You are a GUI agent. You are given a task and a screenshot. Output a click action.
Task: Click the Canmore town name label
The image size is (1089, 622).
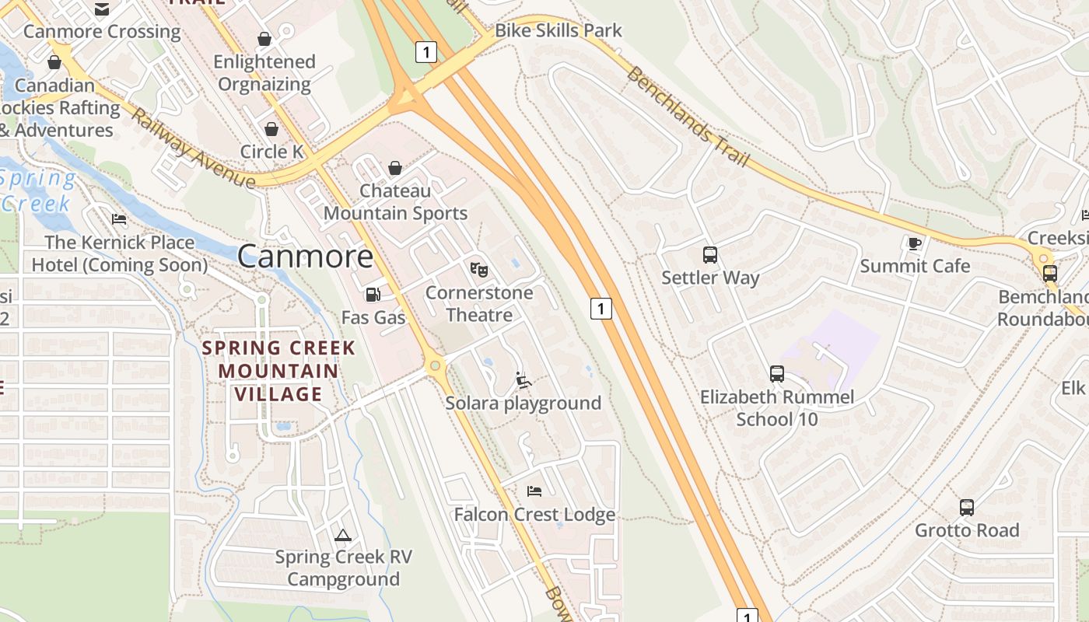pos(305,256)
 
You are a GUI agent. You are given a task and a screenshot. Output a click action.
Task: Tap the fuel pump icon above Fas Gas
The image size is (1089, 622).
pos(373,295)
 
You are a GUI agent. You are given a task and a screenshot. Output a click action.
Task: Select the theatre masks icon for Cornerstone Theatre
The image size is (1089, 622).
pos(479,270)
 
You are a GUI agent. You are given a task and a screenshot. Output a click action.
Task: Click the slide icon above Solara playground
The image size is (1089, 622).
pos(523,380)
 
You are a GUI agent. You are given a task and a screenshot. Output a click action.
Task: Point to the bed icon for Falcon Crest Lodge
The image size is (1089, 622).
pos(534,491)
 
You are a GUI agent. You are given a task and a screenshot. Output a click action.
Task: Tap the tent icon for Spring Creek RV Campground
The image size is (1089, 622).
pos(342,535)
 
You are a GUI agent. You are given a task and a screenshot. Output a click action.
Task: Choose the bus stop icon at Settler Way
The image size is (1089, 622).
pos(710,254)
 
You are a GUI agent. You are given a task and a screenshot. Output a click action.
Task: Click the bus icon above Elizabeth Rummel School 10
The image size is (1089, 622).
pos(776,374)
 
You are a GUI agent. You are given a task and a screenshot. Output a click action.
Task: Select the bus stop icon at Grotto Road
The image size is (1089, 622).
pos(966,508)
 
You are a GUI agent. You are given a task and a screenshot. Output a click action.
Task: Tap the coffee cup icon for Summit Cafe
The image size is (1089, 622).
pos(915,243)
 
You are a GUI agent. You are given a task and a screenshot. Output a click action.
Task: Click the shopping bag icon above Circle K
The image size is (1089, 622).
pos(271,129)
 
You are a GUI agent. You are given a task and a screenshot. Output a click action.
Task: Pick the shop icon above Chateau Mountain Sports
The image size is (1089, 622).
pos(395,168)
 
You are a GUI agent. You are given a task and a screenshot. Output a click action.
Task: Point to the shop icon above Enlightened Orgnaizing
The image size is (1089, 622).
pos(264,39)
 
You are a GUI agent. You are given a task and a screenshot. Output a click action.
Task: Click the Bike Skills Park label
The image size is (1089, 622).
pos(559,30)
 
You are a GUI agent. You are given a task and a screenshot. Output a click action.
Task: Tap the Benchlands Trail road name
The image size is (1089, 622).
pos(688,117)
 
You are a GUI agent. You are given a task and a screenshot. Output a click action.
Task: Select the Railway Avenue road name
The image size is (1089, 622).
pos(193,149)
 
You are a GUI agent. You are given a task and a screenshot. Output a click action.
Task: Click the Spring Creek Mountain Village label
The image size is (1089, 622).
pos(278,371)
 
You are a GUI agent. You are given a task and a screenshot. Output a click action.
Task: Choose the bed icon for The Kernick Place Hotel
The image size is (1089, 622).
pos(119,219)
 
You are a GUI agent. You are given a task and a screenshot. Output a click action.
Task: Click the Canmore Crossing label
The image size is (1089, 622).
pos(102,32)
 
